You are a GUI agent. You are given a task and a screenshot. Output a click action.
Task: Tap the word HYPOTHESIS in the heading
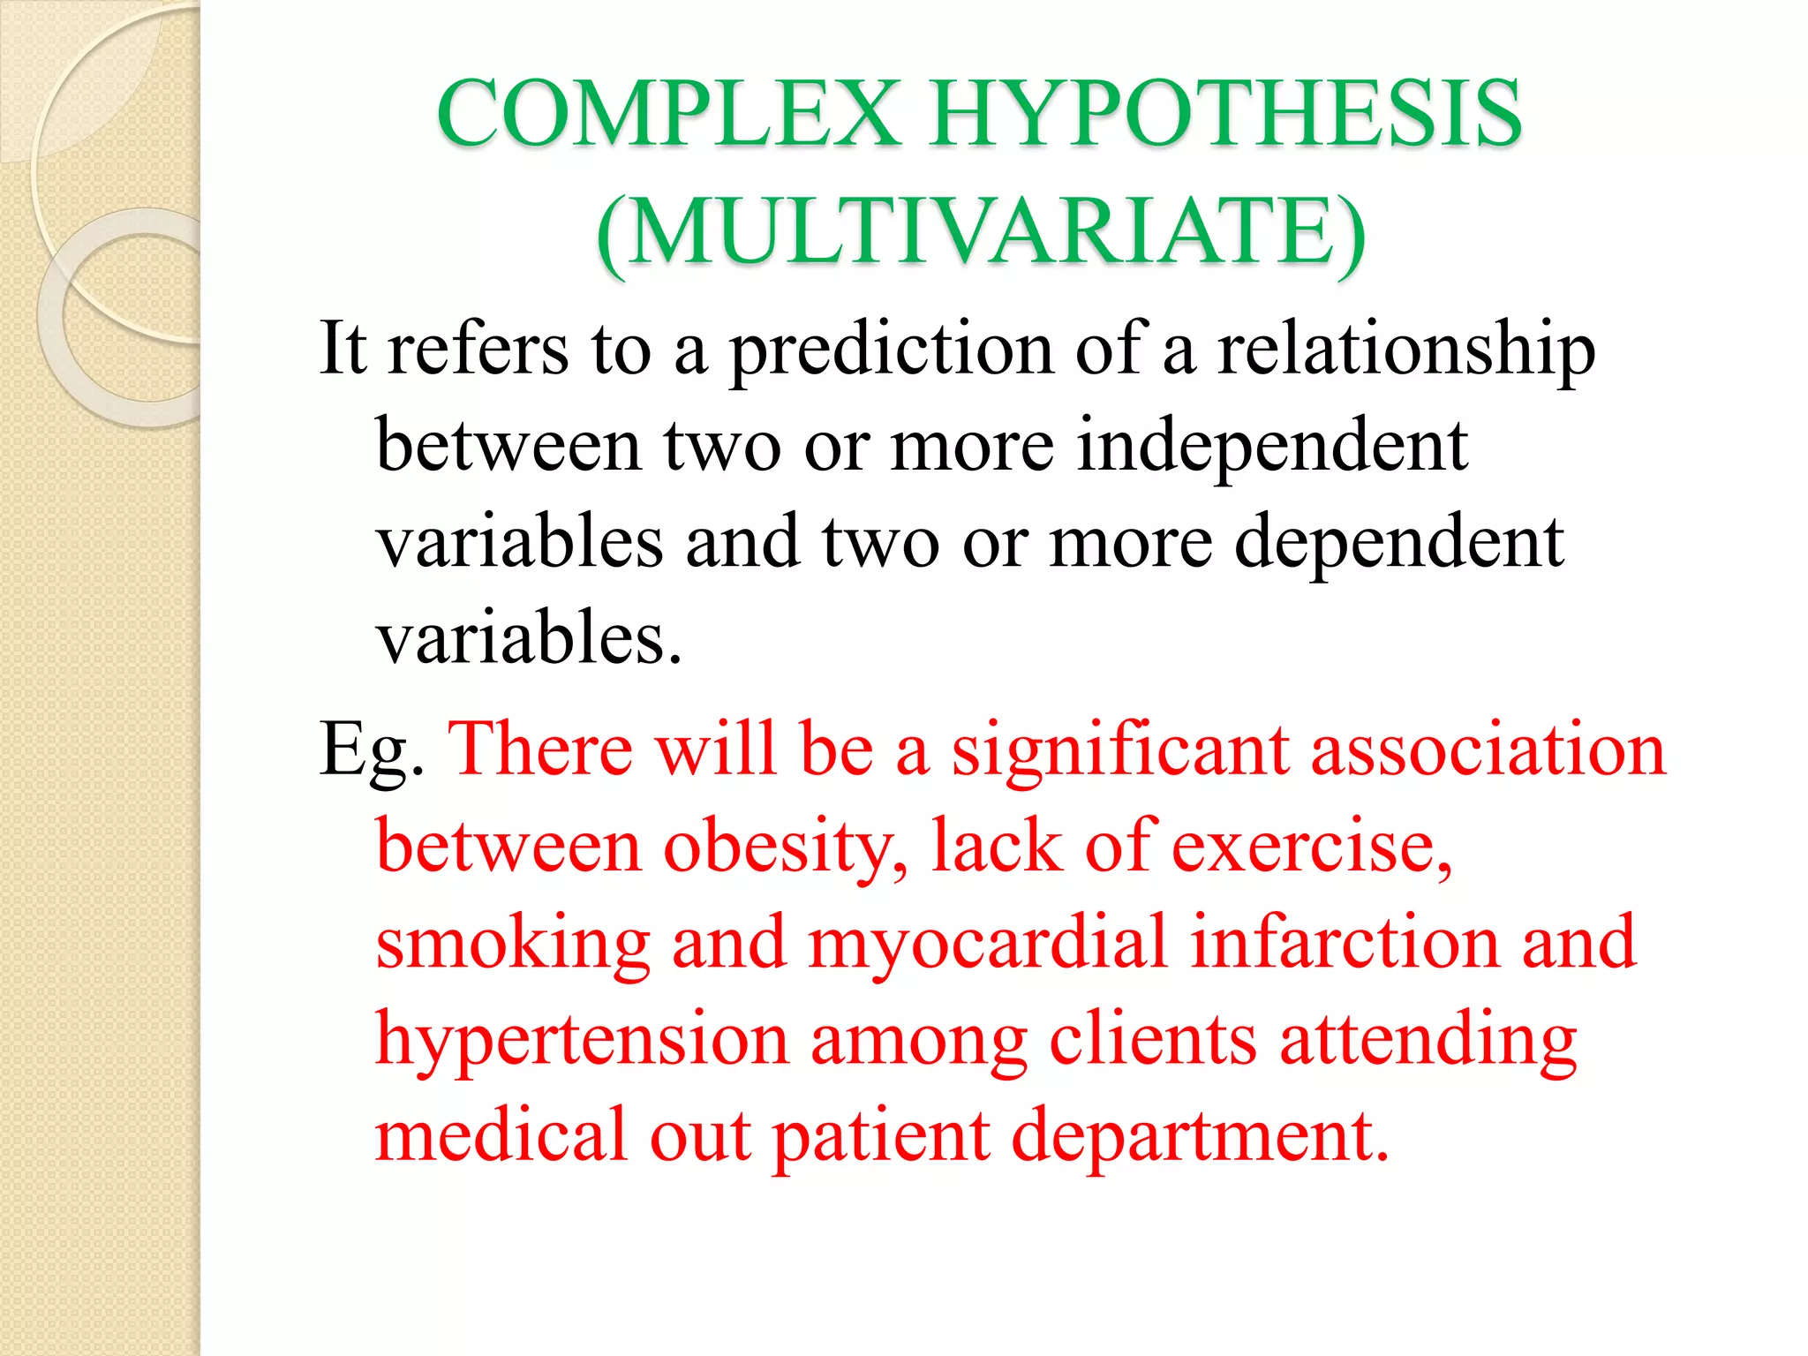1226,114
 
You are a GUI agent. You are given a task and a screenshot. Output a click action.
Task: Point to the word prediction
891,350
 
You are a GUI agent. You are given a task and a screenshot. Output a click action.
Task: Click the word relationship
1406,350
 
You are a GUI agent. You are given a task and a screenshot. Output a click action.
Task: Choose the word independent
1272,446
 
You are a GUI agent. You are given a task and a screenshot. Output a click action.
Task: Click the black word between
508,446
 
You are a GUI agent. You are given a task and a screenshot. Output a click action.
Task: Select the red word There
540,749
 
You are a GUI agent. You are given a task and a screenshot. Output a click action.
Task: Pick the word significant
1119,749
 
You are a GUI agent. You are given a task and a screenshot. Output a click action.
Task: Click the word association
1488,749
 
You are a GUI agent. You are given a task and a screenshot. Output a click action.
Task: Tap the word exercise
1312,846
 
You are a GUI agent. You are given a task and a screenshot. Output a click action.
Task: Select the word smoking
513,944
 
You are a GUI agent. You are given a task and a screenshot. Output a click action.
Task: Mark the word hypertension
582,1040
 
